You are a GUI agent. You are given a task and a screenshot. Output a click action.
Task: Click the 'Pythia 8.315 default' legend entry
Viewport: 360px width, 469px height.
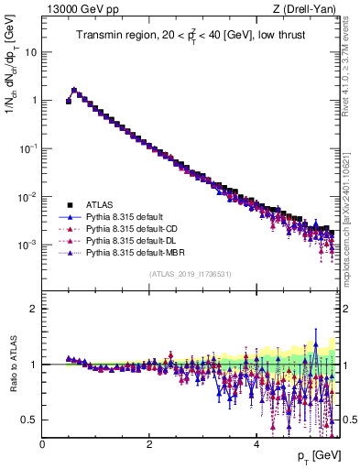[129, 216]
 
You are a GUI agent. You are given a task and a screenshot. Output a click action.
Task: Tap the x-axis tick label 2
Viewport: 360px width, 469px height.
[149, 444]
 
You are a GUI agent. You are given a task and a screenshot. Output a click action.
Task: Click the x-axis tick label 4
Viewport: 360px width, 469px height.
[256, 444]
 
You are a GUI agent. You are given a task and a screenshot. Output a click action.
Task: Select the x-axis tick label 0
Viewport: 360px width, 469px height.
[42, 444]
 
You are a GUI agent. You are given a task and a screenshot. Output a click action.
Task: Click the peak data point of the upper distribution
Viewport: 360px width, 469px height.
[74, 91]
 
